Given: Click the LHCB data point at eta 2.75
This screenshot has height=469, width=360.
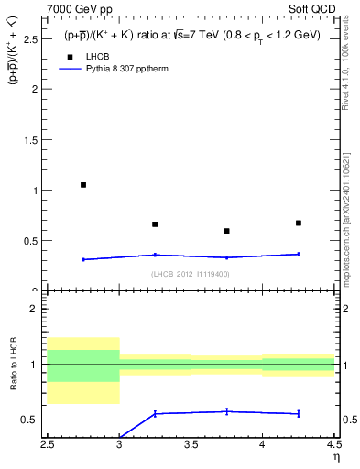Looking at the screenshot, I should [83, 185].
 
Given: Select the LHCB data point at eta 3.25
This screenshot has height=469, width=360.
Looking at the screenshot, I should [155, 224].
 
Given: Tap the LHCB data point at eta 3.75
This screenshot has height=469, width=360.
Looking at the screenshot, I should [226, 231].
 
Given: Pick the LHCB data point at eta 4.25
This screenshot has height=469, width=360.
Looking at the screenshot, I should [298, 223].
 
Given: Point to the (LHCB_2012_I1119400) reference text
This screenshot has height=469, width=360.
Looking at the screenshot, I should [191, 274].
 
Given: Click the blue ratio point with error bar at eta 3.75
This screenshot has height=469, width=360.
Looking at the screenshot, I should [226, 411].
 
